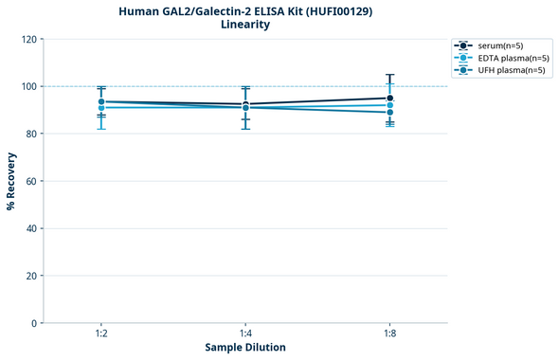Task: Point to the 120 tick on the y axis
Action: pyautogui.click(x=28, y=39)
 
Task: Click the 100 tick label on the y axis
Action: pyautogui.click(x=28, y=86)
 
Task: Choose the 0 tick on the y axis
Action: pyautogui.click(x=34, y=323)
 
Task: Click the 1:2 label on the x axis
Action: pyautogui.click(x=101, y=333)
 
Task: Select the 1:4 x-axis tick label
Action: pyautogui.click(x=245, y=333)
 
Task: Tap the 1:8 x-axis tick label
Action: pyautogui.click(x=389, y=333)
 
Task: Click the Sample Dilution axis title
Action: pyautogui.click(x=245, y=348)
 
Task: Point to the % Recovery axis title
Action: pyautogui.click(x=11, y=181)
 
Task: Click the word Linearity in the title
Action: pyautogui.click(x=245, y=25)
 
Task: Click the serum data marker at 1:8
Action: pyautogui.click(x=389, y=99)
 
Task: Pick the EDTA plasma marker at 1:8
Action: pyautogui.click(x=389, y=105)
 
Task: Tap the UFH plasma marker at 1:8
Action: pyautogui.click(x=389, y=113)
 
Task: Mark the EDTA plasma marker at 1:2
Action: pyautogui.click(x=101, y=108)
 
